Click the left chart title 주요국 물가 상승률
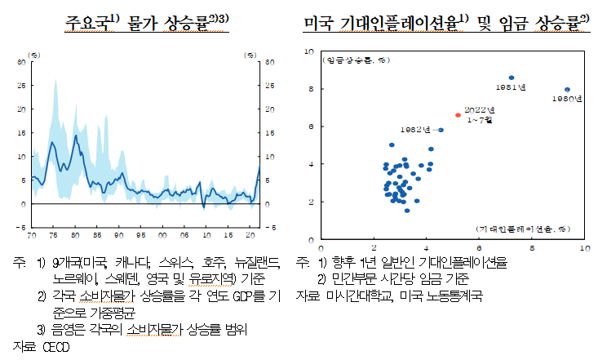146,21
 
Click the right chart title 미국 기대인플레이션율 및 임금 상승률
445,21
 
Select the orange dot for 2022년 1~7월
458,115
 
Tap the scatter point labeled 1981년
512,78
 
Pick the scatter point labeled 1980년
567,90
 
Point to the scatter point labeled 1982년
441,130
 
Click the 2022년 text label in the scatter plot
480,109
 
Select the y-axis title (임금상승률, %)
356,60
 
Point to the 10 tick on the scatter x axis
585,247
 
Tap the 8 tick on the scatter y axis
312,89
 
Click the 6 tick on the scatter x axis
479,247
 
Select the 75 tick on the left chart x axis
54,235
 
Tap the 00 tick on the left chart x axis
163,235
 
